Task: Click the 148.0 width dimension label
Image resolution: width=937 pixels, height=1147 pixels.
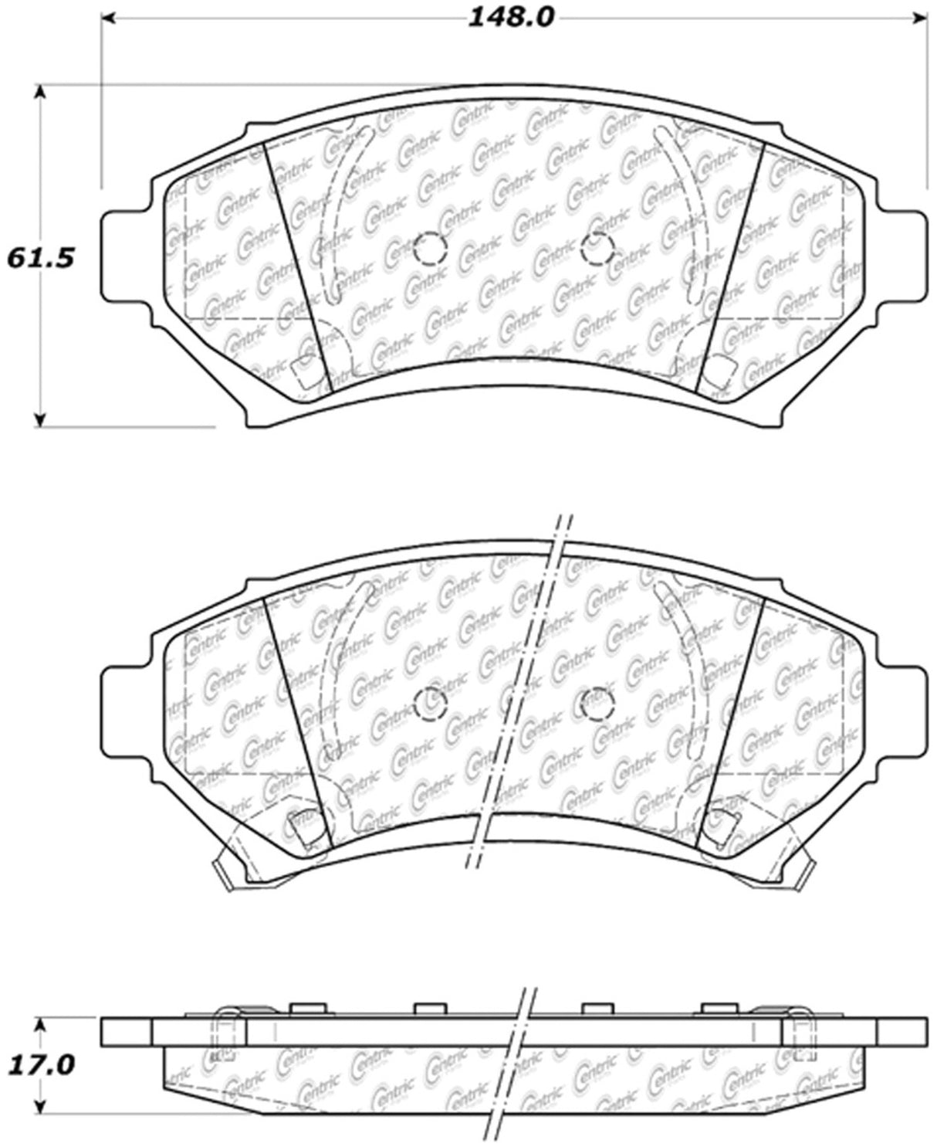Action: coord(510,19)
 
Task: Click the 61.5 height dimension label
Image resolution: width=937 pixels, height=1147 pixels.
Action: coord(40,258)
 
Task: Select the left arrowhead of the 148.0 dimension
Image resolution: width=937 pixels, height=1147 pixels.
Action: coord(110,19)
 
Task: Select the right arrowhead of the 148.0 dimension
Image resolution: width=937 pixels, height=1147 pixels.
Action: coord(919,19)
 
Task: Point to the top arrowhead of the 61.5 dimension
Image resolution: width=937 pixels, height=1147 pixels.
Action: coord(39,93)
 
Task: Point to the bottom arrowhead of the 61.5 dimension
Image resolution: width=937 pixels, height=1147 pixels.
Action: coord(39,419)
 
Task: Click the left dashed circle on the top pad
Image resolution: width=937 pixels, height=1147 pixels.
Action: coord(431,249)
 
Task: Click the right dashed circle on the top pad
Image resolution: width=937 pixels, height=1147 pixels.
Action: coord(598,249)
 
